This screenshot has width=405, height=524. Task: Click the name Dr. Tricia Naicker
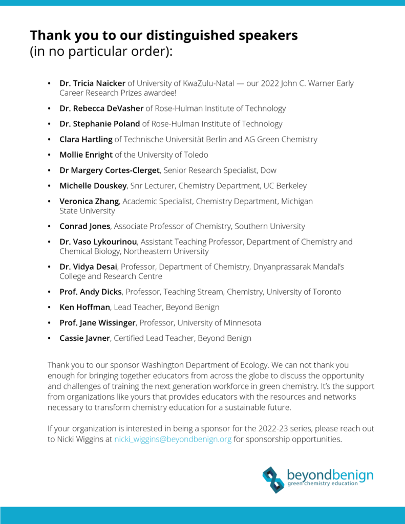point(92,83)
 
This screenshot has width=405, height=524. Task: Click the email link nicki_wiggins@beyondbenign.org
point(173,439)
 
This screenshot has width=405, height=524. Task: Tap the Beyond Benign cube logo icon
point(273,479)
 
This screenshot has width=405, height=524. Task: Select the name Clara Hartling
point(86,139)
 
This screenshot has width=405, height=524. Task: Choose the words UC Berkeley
point(289,185)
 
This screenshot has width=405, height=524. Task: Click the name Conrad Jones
point(85,226)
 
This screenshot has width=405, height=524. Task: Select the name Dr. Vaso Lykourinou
point(98,242)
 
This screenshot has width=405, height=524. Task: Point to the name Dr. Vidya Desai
point(89,267)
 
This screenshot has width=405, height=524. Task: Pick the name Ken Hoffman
point(84,307)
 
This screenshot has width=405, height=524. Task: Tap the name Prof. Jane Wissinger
point(97,323)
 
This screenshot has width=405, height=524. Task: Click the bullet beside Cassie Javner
point(49,338)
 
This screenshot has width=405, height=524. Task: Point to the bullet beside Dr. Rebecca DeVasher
point(49,108)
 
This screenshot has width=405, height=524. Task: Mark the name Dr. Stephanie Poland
point(100,124)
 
